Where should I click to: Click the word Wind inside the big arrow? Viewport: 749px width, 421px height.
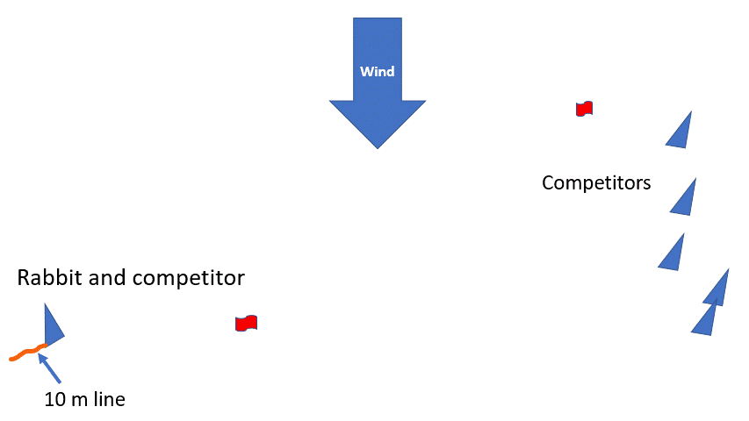pos(378,71)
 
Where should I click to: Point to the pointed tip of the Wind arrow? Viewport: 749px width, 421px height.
pos(378,146)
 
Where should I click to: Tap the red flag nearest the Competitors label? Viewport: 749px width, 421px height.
pos(584,108)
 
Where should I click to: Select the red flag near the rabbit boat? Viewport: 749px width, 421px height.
pos(246,324)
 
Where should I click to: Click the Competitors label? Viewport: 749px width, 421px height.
pos(596,182)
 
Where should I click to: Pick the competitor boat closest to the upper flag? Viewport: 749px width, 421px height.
pos(681,133)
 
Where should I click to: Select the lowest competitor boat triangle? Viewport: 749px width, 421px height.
pos(705,322)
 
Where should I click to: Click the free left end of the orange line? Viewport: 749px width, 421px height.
pos(11,359)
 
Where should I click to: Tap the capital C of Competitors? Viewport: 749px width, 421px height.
pos(549,182)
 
